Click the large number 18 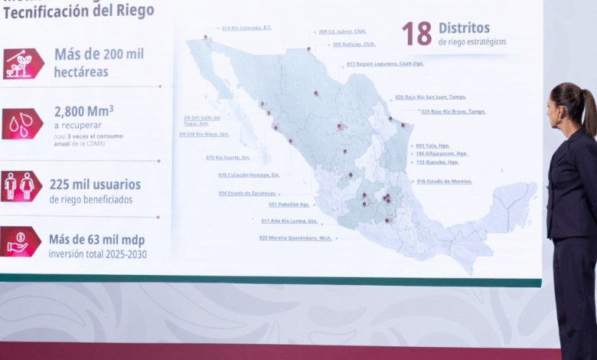417,33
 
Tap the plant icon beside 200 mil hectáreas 23,64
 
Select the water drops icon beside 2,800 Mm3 22,123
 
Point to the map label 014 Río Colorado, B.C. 246,28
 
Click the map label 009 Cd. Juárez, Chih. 342,32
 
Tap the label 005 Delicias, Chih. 354,44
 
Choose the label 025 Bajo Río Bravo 453,112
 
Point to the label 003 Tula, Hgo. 432,146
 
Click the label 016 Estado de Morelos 444,182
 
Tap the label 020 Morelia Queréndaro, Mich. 295,238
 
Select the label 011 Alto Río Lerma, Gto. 289,221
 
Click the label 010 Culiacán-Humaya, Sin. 249,175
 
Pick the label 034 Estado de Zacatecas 247,193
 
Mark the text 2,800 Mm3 83,112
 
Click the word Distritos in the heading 464,28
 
